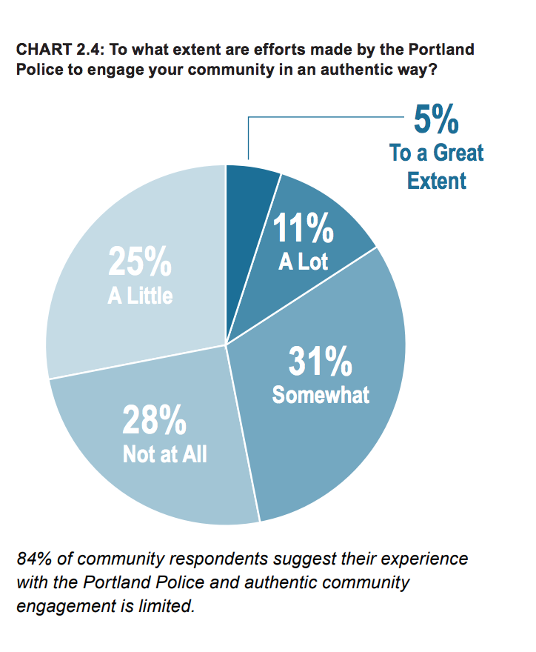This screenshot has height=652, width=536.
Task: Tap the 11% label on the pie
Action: coord(304,229)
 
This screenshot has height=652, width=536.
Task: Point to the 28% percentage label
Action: coord(154,422)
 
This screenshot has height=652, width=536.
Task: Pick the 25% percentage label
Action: coord(141,262)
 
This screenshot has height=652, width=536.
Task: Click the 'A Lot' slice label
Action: coord(304,261)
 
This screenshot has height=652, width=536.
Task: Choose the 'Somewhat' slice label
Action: coord(321,394)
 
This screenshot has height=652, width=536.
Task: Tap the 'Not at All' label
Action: coord(164,453)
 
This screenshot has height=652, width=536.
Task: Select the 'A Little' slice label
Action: coord(140,296)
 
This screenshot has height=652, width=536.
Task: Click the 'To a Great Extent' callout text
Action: coord(437,167)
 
